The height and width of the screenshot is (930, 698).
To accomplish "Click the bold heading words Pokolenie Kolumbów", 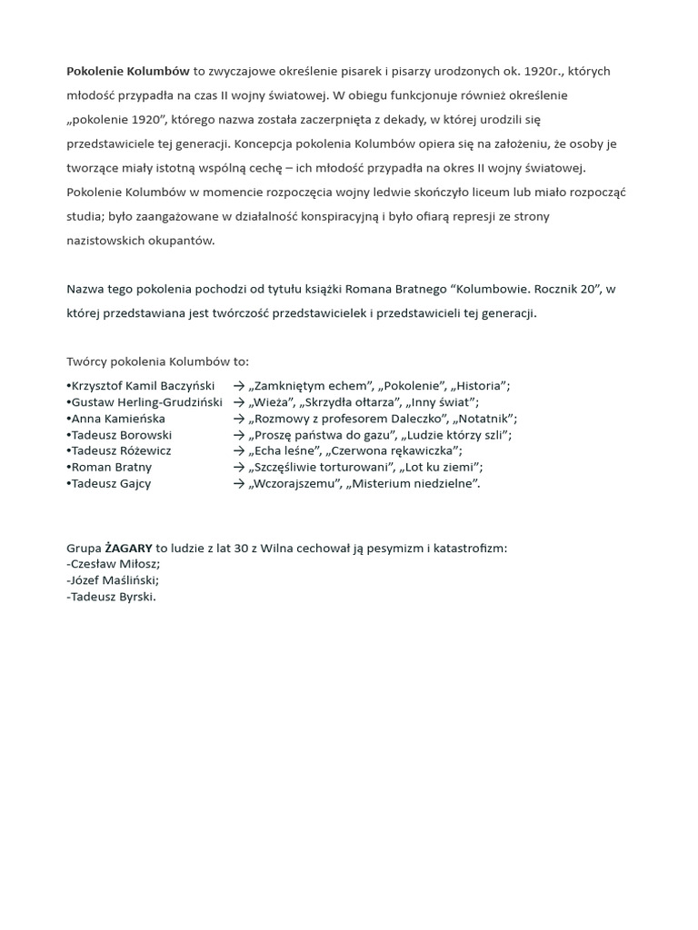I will tap(128, 71).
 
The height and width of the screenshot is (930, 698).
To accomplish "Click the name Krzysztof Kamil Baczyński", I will tap(143, 386).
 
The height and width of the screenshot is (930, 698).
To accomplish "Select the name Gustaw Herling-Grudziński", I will tap(146, 402).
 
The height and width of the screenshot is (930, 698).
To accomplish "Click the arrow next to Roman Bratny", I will tap(239, 468).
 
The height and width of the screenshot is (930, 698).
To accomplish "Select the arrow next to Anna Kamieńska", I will tap(239, 419).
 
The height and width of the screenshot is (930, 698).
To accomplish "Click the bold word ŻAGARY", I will tap(128, 549).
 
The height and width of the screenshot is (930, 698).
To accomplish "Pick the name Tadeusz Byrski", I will tap(113, 598).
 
